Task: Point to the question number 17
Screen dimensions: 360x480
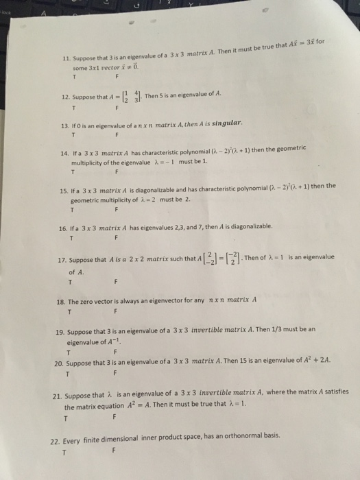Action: coord(60,259)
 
